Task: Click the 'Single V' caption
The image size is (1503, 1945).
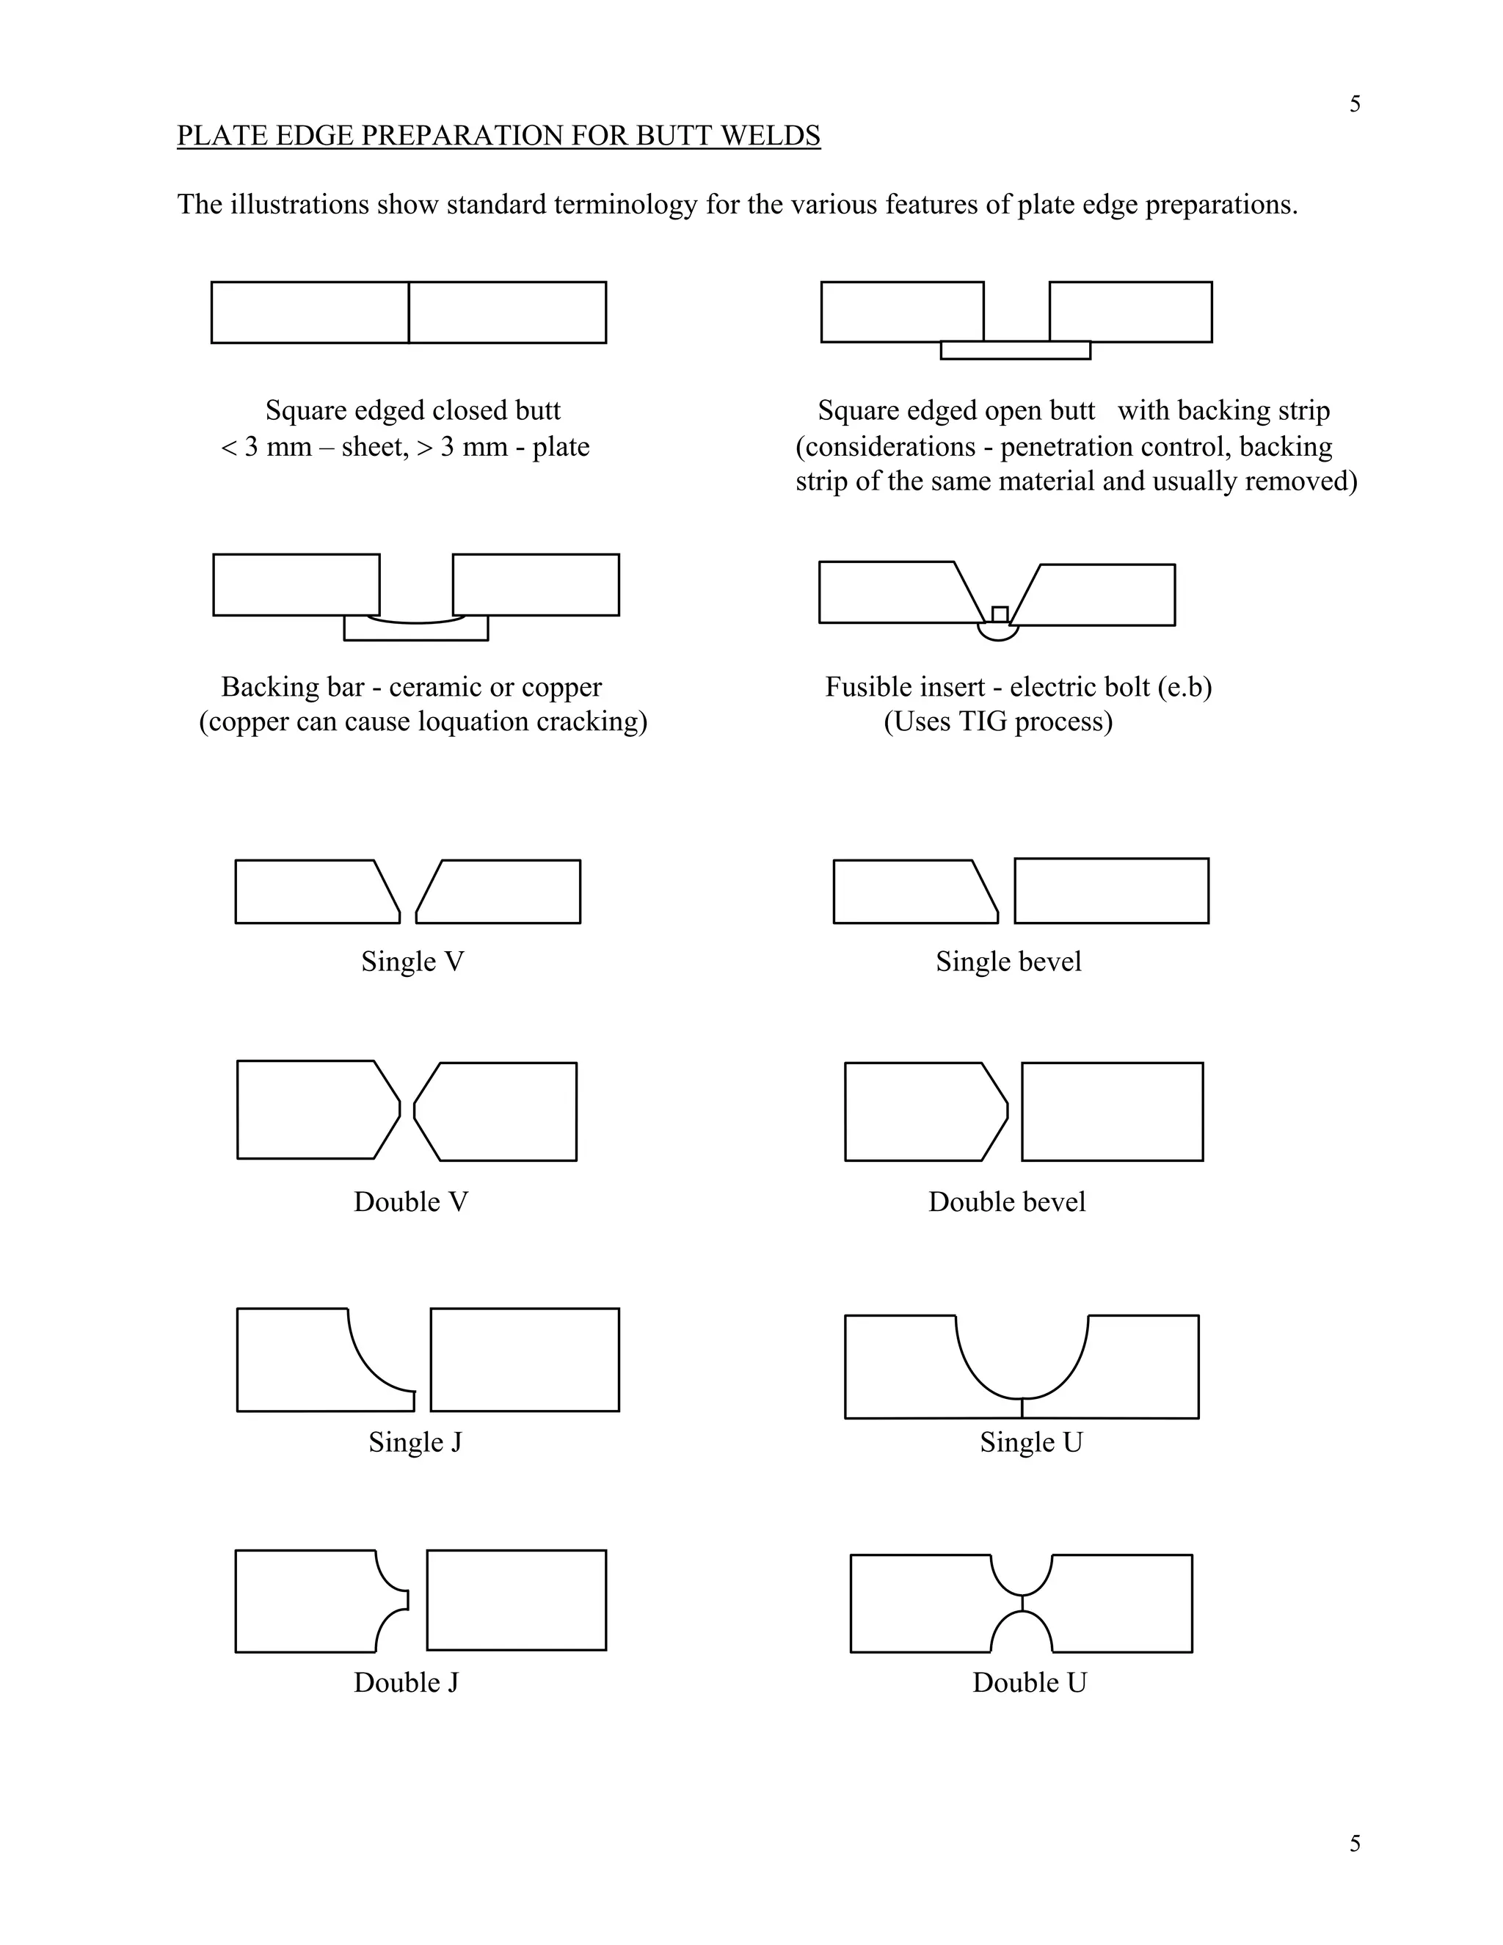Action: point(412,961)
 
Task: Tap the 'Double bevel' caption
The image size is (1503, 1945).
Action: point(1006,1202)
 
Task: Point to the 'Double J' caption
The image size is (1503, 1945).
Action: point(406,1682)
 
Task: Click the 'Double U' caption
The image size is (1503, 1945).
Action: point(1030,1682)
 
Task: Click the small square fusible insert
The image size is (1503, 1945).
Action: point(1000,614)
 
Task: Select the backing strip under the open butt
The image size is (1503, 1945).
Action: point(1015,351)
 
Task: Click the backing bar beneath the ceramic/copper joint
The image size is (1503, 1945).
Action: point(416,631)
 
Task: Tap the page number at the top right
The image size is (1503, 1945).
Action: point(1354,105)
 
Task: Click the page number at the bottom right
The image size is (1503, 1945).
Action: point(1354,1844)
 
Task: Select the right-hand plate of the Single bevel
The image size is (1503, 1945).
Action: point(1111,890)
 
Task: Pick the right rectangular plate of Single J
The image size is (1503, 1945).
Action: point(525,1360)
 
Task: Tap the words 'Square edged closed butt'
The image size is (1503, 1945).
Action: point(413,410)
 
